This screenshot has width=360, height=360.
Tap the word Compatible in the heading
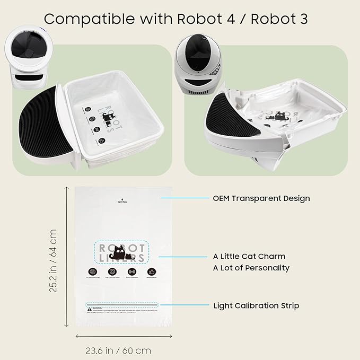coord(82,19)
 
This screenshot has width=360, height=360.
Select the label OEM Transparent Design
coord(261,198)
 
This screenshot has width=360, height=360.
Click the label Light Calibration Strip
coord(256,305)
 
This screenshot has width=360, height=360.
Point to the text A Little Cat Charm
coord(249,257)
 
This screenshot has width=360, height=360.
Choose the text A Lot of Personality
coord(251,268)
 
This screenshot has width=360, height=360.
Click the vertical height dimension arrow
coord(66,257)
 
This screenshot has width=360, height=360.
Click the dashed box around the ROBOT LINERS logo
coord(121,252)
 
